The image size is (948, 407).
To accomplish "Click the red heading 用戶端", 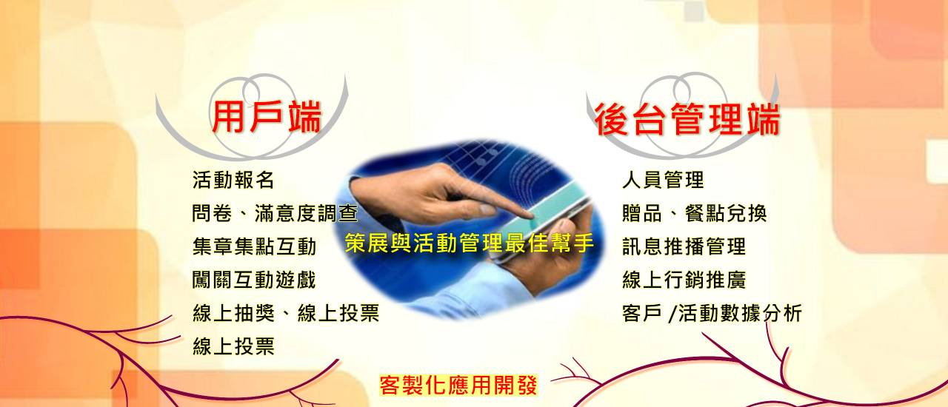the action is point(266,117).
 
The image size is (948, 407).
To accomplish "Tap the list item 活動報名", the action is point(233,180).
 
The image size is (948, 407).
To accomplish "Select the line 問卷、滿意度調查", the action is point(275,213).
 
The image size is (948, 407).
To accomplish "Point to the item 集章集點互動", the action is point(254,246).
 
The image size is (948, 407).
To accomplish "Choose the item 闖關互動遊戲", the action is point(254,280).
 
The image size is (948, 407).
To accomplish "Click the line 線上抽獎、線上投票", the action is point(286,313).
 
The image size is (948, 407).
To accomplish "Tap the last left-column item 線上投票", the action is point(233,346).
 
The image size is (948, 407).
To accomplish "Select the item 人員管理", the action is point(663,180).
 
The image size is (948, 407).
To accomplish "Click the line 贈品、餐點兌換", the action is point(695,213).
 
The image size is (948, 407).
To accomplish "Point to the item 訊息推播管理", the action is point(684,246).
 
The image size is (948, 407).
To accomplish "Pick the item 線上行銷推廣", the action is point(684,280).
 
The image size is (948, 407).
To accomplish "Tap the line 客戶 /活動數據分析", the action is point(712,313).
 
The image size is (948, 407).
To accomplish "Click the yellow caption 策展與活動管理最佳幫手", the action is point(469,243).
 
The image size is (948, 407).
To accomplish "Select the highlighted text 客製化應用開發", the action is point(458,385).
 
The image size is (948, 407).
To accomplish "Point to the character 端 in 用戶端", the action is point(304,117).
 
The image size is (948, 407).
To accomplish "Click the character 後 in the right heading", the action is point(612,119).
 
